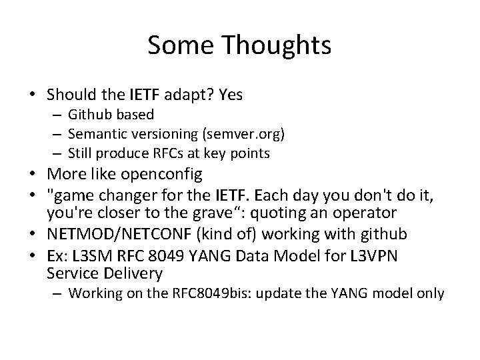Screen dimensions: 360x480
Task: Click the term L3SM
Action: tap(87, 256)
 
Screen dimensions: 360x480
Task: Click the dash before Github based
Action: tap(57, 115)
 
